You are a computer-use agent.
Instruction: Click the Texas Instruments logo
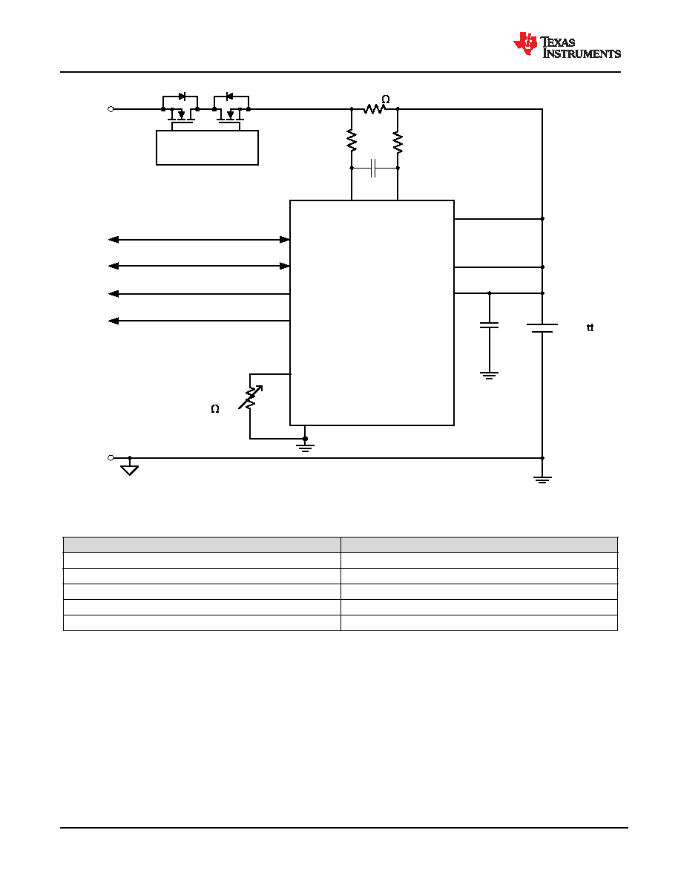[x=567, y=45]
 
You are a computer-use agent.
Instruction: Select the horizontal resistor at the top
[x=374, y=109]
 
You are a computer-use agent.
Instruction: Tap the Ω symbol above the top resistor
[x=386, y=99]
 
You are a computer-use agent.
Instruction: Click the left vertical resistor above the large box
[x=352, y=140]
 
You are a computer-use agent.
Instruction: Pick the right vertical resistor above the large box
[x=398, y=143]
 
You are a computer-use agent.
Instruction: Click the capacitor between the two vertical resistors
[x=374, y=168]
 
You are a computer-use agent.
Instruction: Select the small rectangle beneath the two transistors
[x=207, y=148]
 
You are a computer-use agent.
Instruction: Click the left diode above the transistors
[x=182, y=97]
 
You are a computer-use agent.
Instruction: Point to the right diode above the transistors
[x=229, y=97]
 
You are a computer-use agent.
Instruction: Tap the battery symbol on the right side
[x=542, y=328]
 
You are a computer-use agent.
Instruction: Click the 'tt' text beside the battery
[x=590, y=328]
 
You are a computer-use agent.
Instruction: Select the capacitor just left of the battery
[x=490, y=325]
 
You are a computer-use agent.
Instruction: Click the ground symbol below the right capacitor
[x=490, y=376]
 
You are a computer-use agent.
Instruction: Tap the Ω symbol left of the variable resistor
[x=215, y=409]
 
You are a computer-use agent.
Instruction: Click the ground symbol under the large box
[x=305, y=448]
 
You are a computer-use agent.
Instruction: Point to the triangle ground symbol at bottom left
[x=130, y=470]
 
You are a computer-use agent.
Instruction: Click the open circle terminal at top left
[x=111, y=109]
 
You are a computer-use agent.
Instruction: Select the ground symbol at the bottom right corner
[x=542, y=480]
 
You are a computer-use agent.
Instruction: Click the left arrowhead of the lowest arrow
[x=113, y=321]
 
